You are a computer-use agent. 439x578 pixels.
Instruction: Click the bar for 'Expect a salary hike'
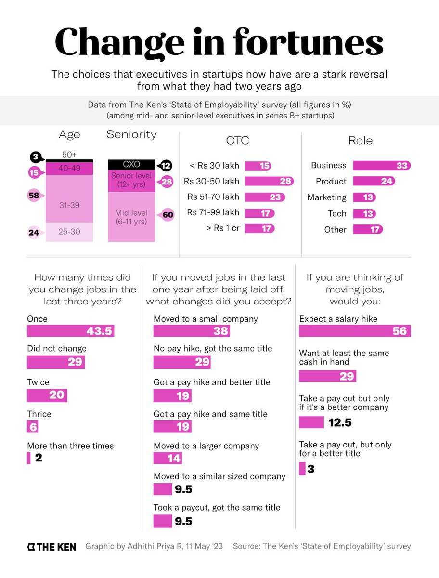pos(355,330)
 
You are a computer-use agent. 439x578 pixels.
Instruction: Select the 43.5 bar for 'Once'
pos(70,330)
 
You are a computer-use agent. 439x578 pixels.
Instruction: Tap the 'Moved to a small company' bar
pos(191,330)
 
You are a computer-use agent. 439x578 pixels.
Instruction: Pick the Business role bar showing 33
pos(381,165)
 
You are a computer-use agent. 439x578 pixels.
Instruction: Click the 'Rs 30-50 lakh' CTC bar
pos(269,181)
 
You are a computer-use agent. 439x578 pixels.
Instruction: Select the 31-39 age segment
pos(69,205)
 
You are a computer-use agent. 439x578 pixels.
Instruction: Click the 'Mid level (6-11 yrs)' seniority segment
pos(131,217)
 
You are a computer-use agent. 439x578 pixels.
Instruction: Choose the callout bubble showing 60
pos(167,215)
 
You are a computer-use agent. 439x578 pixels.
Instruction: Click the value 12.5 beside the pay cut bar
pos(340,422)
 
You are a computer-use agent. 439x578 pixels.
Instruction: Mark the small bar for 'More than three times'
pos(29,458)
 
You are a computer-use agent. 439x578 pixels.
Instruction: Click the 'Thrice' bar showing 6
pos(32,426)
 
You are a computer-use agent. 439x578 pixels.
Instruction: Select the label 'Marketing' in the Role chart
pos(326,197)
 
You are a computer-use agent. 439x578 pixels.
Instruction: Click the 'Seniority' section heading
pos(131,135)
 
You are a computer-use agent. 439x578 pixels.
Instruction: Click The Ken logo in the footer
pos(51,546)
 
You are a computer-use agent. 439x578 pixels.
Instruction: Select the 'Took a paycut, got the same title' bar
pos(163,521)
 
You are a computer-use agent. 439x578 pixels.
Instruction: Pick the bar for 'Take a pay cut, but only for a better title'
pos(302,468)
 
